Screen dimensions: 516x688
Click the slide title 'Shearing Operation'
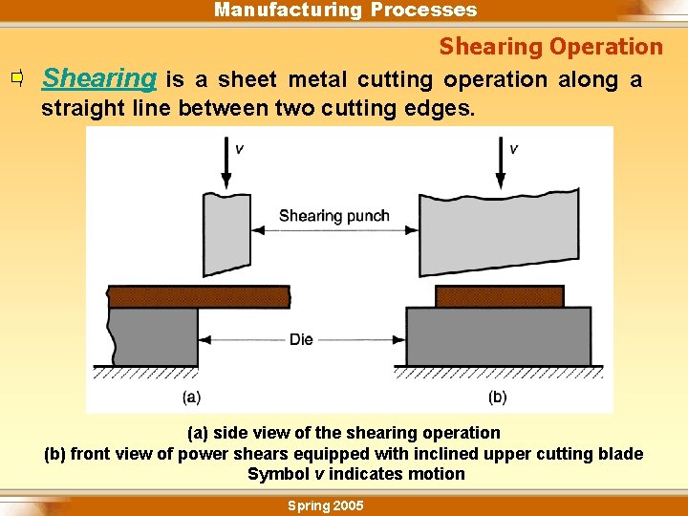tap(550, 47)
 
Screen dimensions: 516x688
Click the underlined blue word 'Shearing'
tap(99, 78)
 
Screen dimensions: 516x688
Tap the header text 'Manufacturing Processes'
tap(345, 11)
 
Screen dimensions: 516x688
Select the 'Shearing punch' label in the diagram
tap(333, 216)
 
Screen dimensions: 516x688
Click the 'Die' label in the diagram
tap(301, 339)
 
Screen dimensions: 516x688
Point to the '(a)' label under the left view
tap(191, 397)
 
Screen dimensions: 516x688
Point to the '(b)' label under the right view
tap(497, 397)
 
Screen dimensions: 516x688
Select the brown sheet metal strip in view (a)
tap(198, 296)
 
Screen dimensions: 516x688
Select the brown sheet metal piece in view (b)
tap(499, 296)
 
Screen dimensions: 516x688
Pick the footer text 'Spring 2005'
tap(326, 505)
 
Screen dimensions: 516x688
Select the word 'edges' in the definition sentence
tap(440, 108)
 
